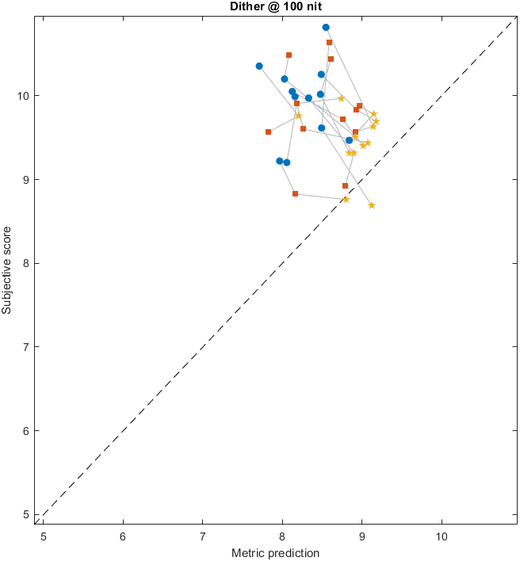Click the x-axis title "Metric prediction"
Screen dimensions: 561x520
click(x=274, y=553)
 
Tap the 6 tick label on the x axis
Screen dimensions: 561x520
click(x=123, y=536)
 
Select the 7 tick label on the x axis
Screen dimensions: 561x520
click(x=202, y=536)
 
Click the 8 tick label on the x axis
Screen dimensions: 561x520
click(x=282, y=536)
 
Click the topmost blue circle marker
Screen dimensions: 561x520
click(x=326, y=27)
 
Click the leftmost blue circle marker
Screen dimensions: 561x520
click(x=259, y=66)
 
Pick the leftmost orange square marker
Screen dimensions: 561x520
click(x=268, y=132)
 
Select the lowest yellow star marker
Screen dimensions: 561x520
click(x=371, y=205)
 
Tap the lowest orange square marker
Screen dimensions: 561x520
click(x=295, y=193)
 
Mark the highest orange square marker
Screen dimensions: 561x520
click(x=329, y=42)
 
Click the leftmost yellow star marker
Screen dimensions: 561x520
click(x=298, y=116)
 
